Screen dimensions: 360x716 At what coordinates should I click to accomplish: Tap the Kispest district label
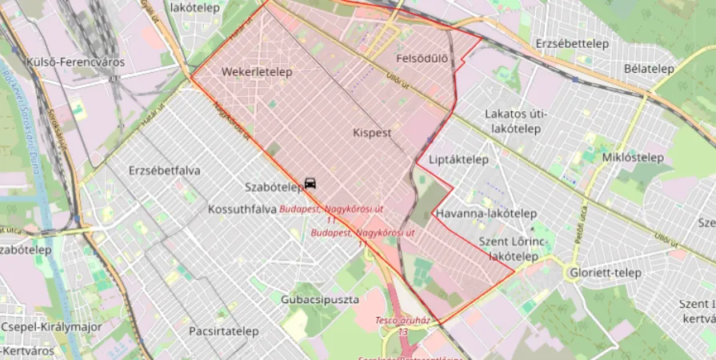[x=372, y=133]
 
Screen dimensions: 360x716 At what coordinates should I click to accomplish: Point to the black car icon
[x=310, y=183]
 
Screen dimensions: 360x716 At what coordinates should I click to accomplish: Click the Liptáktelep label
[x=458, y=159]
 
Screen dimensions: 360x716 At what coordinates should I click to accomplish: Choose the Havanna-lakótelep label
[x=486, y=214]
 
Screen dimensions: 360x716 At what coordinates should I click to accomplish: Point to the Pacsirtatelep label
[x=224, y=330]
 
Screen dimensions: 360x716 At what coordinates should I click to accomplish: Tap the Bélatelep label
[x=649, y=69]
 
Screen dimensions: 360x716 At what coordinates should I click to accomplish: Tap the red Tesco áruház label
[x=402, y=321]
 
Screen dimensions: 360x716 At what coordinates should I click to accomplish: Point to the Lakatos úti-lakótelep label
[x=516, y=121]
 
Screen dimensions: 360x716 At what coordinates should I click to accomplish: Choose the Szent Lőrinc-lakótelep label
[x=514, y=249]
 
